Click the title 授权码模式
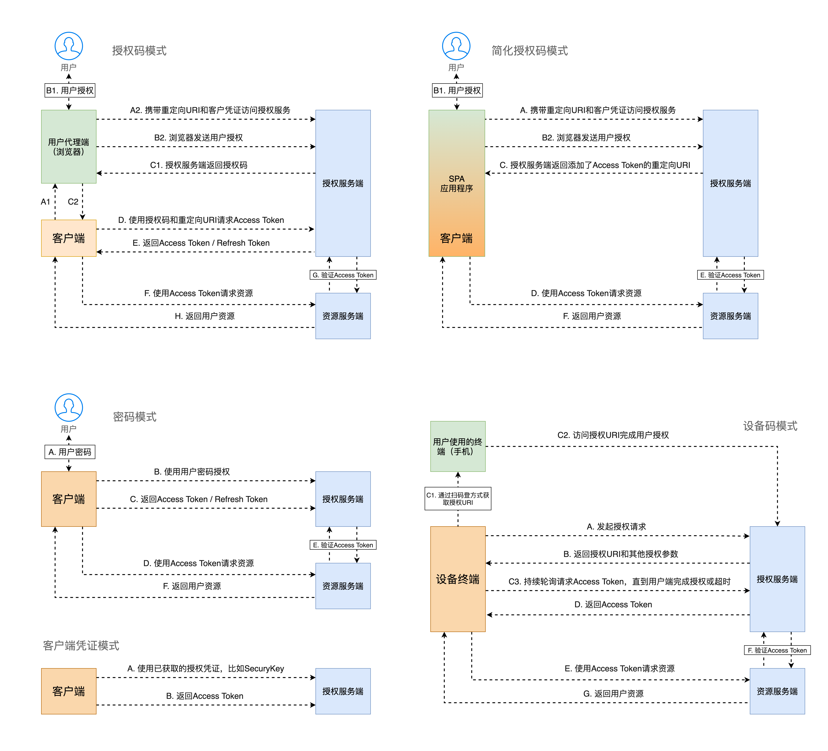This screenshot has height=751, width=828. (x=139, y=50)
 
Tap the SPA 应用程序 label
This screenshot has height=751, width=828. (x=456, y=183)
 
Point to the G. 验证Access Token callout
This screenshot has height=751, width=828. (x=343, y=275)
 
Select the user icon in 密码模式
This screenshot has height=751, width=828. (x=69, y=407)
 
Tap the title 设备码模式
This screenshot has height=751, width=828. (x=770, y=426)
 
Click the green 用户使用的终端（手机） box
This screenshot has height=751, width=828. (x=458, y=446)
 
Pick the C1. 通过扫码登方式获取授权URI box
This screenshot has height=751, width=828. (x=458, y=499)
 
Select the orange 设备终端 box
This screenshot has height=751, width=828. (x=458, y=579)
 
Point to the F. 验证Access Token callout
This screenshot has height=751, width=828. (x=777, y=650)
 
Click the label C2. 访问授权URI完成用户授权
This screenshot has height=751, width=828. (x=613, y=435)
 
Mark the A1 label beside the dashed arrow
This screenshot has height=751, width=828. (x=45, y=202)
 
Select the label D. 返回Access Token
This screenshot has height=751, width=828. (x=613, y=604)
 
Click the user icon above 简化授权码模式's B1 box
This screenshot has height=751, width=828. (x=456, y=46)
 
